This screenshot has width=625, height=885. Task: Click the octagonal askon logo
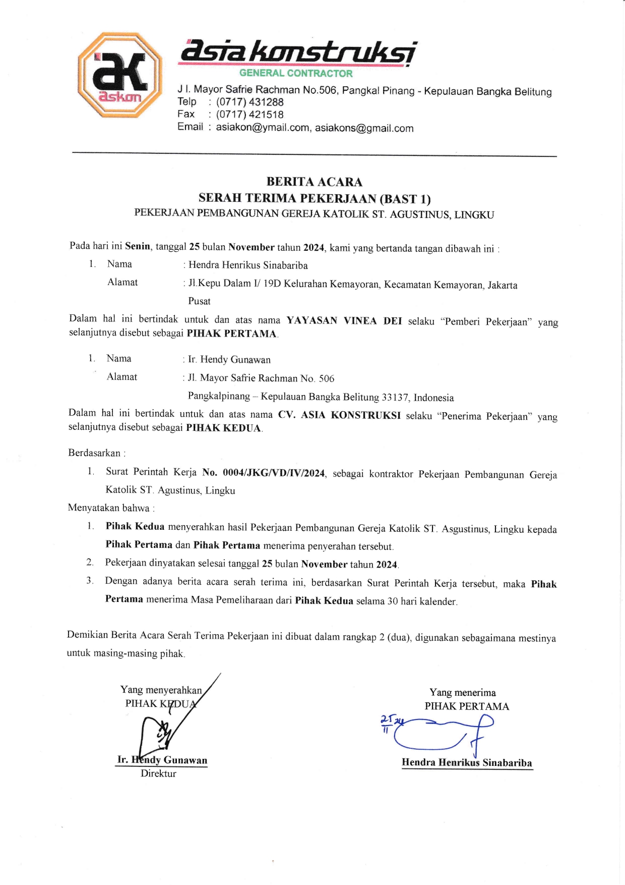119,75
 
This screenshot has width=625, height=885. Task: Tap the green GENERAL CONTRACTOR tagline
296,73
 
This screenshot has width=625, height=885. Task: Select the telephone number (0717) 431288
249,102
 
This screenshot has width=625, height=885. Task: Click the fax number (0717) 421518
249,115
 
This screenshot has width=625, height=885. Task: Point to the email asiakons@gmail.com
364,128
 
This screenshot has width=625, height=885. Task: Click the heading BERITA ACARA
314,182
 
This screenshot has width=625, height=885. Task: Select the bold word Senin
137,246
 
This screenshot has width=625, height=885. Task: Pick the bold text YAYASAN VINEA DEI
344,320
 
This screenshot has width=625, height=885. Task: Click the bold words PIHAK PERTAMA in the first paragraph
231,334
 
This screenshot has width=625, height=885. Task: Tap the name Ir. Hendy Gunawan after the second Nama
229,360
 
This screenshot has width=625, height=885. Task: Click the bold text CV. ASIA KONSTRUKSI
339,415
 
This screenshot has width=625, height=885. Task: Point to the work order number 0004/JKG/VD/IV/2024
274,473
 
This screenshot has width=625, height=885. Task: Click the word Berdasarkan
94,453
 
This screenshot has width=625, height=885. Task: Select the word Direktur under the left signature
158,773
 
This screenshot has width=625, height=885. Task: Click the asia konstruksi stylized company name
297,52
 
